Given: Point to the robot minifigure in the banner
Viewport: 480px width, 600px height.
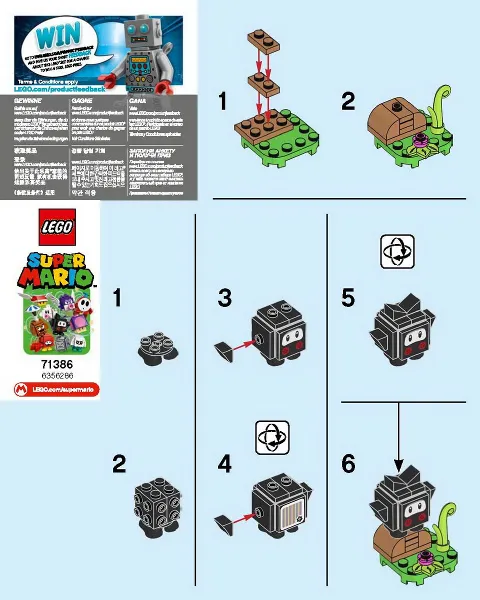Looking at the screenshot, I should point(141,50).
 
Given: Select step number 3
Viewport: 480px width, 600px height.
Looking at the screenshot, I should point(226,298).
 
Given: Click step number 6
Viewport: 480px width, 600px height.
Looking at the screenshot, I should point(348,464).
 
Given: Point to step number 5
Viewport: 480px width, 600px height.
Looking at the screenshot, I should point(348,298).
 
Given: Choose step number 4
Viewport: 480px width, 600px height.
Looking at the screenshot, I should point(226,464).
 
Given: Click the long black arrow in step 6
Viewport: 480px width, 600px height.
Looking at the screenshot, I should point(401,435).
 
